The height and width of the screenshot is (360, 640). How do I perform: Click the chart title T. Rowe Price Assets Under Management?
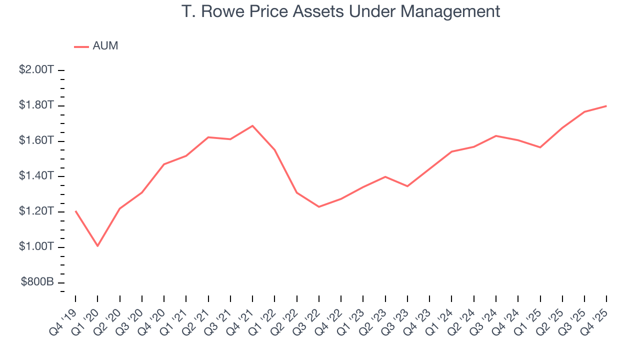pos(340,11)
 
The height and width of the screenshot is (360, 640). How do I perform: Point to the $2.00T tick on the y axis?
pos(36,70)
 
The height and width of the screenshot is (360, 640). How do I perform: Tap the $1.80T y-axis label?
pos(36,105)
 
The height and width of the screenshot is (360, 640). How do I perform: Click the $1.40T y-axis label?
pos(36,176)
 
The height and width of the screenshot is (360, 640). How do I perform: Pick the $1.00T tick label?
pos(36,247)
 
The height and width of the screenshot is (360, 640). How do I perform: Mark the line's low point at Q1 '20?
pos(97,246)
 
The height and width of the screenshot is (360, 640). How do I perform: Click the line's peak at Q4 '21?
pos(252,125)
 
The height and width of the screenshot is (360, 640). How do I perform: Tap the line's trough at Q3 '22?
pos(318,207)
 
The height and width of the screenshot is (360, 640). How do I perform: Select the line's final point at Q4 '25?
pos(606,106)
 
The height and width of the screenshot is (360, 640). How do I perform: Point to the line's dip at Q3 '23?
pos(407,186)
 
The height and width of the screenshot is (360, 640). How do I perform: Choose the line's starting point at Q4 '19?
pos(75,211)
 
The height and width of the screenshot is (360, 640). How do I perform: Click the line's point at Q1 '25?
pos(540,147)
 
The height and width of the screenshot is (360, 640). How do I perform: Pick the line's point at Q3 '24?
pos(495,135)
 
